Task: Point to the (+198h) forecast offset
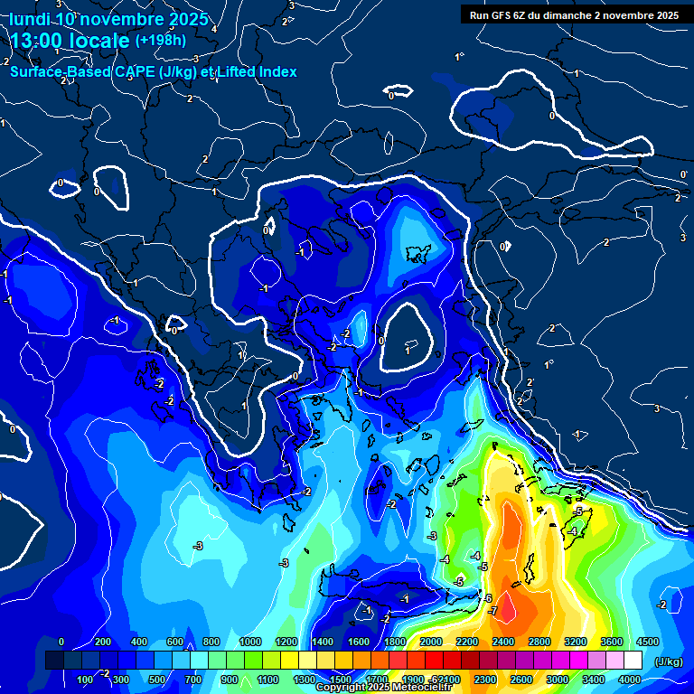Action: point(161,40)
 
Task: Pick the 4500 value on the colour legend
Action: point(648,642)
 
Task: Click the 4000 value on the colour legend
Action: point(630,680)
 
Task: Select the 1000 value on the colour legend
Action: point(249,642)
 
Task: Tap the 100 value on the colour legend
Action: point(85,680)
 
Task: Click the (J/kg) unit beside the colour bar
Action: point(668,662)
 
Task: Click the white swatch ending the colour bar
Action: point(633,661)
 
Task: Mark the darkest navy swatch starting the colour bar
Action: point(54,661)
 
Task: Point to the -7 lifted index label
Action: point(493,612)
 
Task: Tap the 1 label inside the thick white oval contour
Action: point(408,349)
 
